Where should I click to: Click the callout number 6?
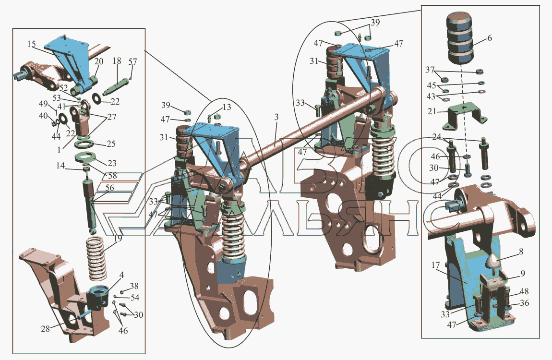pyautogui.click(x=490, y=38)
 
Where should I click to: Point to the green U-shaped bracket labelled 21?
pyautogui.click(x=464, y=115)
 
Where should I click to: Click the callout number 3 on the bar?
pyautogui.click(x=276, y=117)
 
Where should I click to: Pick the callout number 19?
pyautogui.click(x=118, y=238)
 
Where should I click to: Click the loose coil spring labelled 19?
pyautogui.click(x=96, y=258)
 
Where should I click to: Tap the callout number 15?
pyautogui.click(x=32, y=44)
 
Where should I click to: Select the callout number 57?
pyautogui.click(x=132, y=62)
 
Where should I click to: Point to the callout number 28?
pyautogui.click(x=46, y=329)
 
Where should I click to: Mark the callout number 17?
pyautogui.click(x=435, y=266)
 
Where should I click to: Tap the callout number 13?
pyautogui.click(x=227, y=107)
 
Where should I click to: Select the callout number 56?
pyautogui.click(x=110, y=188)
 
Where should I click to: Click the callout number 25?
pyautogui.click(x=111, y=144)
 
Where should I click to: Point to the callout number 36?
pyautogui.click(x=525, y=303)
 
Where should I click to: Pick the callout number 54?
pyautogui.click(x=135, y=298)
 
